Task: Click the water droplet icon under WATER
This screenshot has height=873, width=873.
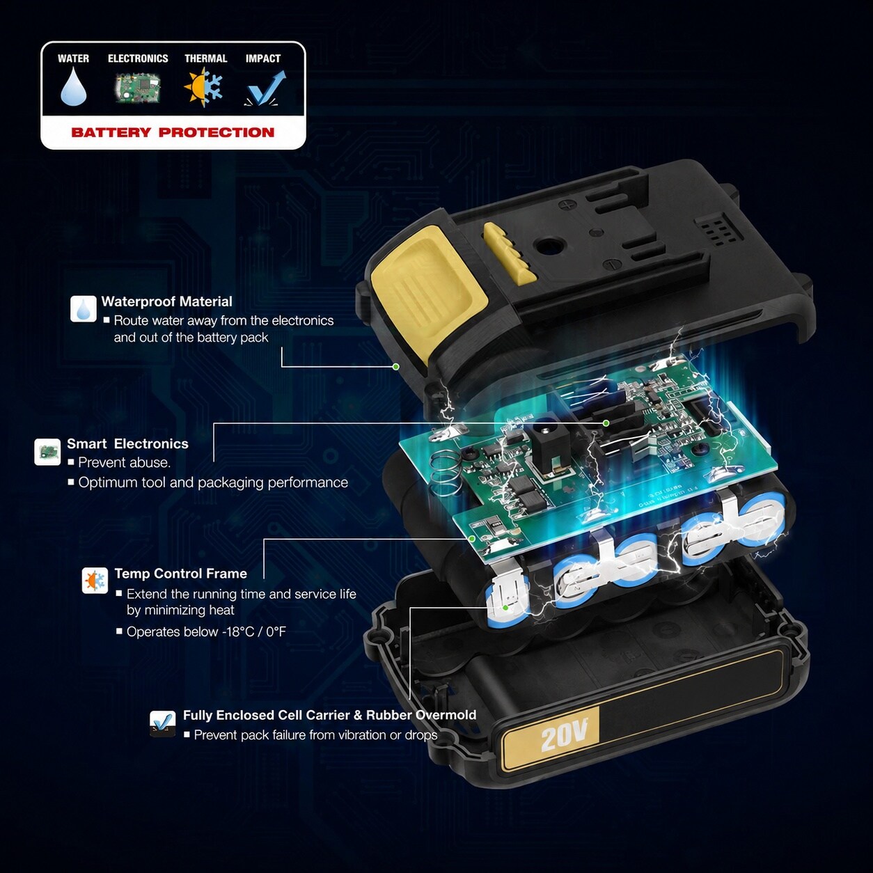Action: (x=73, y=87)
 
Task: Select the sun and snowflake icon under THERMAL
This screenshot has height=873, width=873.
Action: (x=204, y=86)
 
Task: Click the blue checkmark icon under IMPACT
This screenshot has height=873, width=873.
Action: (x=265, y=88)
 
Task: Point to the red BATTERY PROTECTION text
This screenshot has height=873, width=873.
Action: (x=173, y=132)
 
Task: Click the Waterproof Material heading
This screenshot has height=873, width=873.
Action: (x=166, y=301)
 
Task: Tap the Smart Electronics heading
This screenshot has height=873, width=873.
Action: (x=127, y=443)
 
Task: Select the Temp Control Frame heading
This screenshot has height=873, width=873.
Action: (x=181, y=574)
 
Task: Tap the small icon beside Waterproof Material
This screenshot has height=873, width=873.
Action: (x=84, y=308)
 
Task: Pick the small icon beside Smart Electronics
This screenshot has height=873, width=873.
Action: (x=47, y=452)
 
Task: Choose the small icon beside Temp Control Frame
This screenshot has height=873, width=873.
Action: (x=95, y=581)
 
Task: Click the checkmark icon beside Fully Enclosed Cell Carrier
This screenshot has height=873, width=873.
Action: (x=162, y=723)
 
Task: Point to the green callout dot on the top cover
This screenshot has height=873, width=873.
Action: (x=395, y=366)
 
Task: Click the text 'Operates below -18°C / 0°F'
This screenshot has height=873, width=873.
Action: (x=206, y=631)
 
